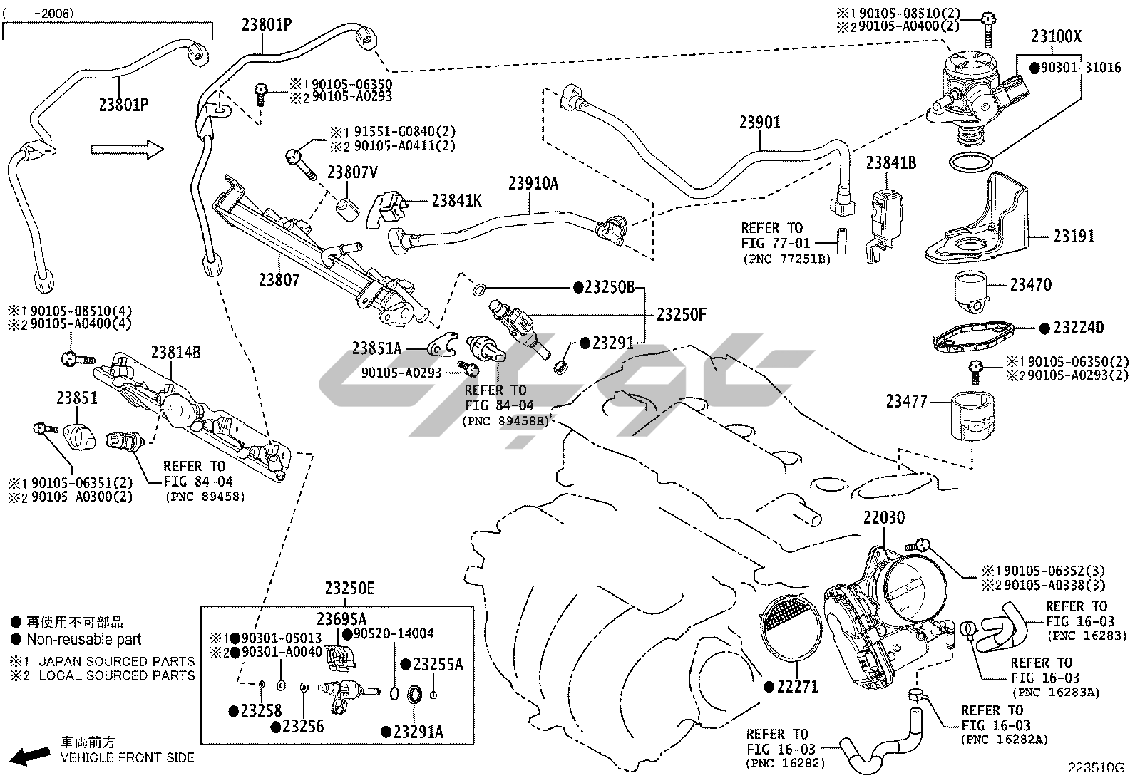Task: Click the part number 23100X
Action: point(1056,36)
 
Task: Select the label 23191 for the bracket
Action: point(1074,236)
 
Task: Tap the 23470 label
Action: point(1030,284)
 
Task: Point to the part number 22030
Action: point(884,518)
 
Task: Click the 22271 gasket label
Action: point(796,687)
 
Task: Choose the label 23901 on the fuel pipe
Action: point(759,122)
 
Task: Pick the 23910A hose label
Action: point(533,183)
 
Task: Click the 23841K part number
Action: point(456,201)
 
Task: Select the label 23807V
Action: point(352,172)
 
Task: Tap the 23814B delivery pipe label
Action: point(175,351)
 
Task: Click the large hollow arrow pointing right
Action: point(127,149)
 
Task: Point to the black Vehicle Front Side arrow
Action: point(31,756)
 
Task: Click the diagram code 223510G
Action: point(1095,768)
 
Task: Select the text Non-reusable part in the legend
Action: point(84,640)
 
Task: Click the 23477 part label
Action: point(906,402)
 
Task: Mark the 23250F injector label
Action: point(681,314)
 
